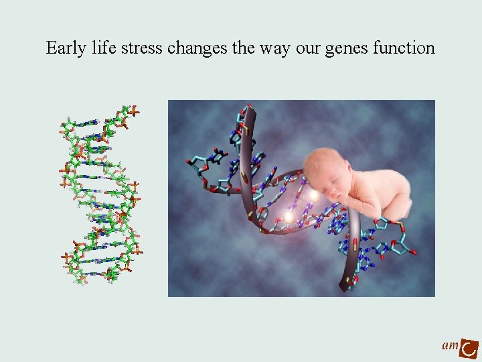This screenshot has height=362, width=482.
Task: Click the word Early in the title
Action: [64, 49]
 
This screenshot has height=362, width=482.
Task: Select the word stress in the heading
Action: [140, 49]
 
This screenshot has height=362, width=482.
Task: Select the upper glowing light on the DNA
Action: [313, 195]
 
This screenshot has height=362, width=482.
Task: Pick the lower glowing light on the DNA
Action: [289, 217]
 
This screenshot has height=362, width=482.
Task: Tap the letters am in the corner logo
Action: [450, 345]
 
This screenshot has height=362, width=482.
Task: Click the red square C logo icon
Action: [470, 347]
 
